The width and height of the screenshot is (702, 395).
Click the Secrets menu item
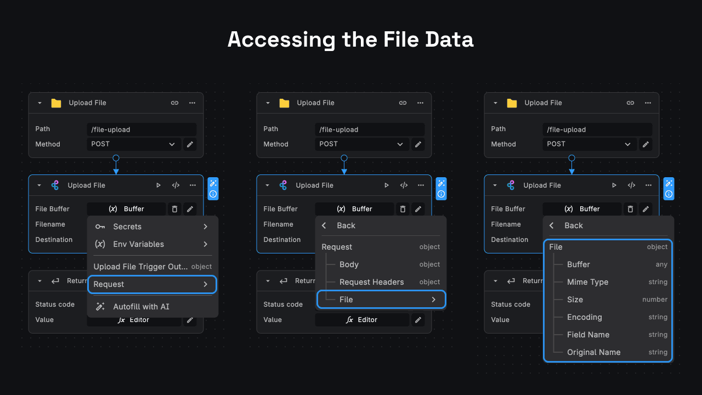pos(127,227)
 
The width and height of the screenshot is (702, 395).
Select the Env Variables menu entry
pos(138,244)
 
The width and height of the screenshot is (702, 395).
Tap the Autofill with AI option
pos(141,307)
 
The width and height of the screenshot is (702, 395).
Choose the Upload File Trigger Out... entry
pos(140,267)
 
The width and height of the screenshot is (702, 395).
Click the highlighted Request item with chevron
pos(152,284)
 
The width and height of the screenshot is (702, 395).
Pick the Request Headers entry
pos(371,282)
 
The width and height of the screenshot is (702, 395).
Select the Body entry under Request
pos(349,264)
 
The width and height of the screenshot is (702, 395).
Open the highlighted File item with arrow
pos(381,300)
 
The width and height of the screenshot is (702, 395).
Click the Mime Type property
pos(587,282)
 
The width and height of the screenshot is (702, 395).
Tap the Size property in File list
pos(575,300)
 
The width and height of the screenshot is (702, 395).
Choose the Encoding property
pos(584,317)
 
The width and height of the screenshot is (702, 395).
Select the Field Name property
pos(588,335)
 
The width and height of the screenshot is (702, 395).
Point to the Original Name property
pos(593,352)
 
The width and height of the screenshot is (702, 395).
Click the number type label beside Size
pos(655,300)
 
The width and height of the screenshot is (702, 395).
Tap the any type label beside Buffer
pos(661,264)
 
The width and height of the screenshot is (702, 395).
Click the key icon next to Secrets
pos(100,227)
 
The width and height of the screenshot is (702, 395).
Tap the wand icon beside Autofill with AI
pos(100,307)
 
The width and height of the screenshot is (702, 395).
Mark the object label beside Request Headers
pos(429,282)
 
